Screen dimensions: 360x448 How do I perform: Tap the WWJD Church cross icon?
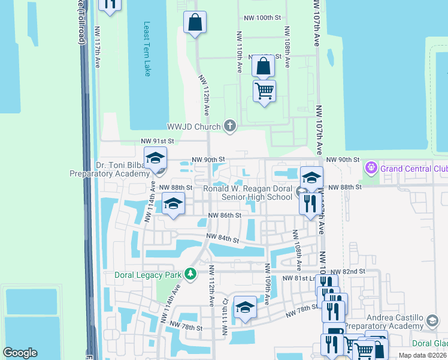tap(229, 126)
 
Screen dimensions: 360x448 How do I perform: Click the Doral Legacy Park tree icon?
tap(190, 274)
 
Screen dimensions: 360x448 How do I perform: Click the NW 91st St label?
tap(157, 141)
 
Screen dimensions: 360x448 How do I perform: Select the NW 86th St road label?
tap(225, 215)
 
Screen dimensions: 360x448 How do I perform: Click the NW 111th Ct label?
tap(226, 310)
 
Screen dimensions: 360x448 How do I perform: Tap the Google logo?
tap(20, 353)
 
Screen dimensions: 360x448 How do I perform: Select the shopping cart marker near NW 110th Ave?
tap(264, 91)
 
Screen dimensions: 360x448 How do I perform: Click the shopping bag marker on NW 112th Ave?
tap(195, 22)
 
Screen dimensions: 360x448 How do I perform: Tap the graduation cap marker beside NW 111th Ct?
tap(244, 308)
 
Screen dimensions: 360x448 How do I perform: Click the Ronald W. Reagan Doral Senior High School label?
tap(247, 192)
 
